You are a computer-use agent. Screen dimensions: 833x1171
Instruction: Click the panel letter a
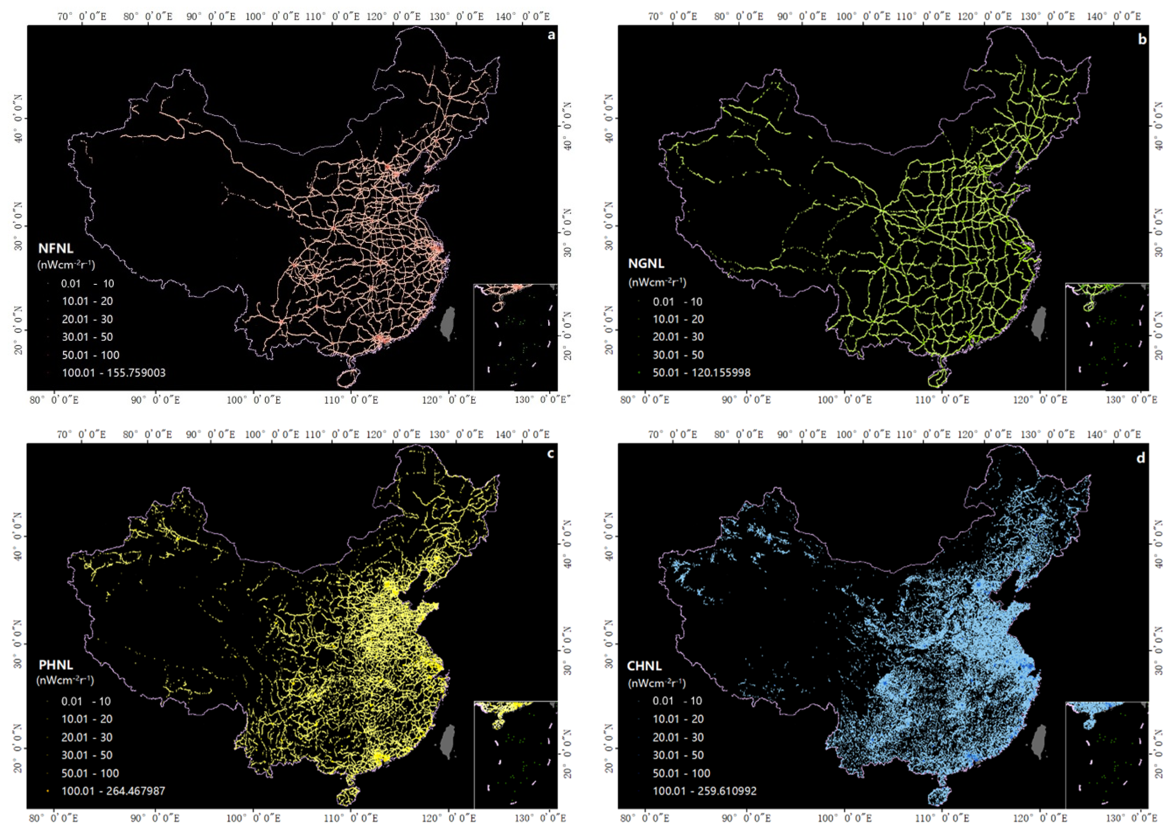tap(551, 35)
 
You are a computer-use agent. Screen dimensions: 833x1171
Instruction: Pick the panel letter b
tap(1142, 39)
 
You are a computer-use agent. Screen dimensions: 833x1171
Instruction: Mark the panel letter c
tap(551, 454)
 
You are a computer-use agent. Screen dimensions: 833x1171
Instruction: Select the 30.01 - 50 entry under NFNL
tap(87, 337)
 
